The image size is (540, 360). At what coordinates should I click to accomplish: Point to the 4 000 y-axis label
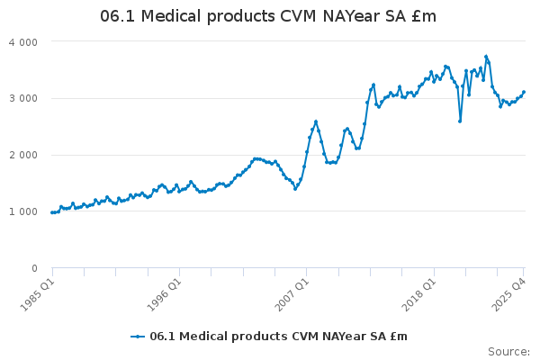coord(22,42)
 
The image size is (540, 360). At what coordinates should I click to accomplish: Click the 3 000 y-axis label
coord(22,98)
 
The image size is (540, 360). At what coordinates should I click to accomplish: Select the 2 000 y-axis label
coord(22,155)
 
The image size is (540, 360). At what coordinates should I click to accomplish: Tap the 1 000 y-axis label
coord(22,211)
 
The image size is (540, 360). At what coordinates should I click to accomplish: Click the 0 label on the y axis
coord(34,268)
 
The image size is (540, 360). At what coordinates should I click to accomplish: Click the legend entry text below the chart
coord(278,337)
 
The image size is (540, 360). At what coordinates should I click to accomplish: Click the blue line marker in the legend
coord(138,337)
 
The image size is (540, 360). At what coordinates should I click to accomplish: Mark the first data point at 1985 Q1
coord(52,212)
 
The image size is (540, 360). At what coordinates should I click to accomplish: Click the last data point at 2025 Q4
coord(524,92)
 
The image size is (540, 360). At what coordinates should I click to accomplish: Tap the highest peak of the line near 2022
coord(486,57)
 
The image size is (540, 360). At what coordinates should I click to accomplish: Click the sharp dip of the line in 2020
coord(460,121)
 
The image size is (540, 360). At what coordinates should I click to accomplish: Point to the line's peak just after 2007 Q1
coord(316,121)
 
